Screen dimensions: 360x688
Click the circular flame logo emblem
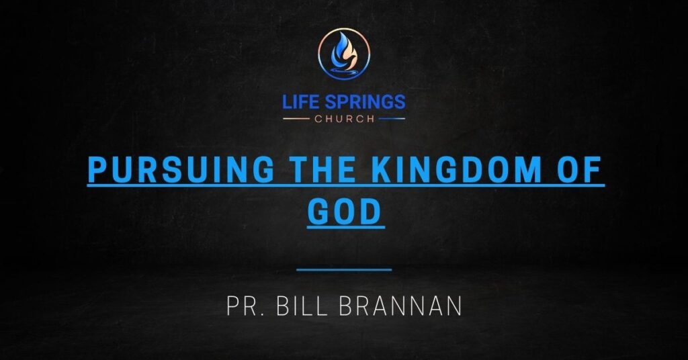coord(344,53)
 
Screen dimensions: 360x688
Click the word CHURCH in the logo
coord(344,119)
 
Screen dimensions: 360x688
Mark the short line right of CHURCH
coord(392,119)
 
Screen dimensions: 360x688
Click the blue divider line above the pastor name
coord(344,269)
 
